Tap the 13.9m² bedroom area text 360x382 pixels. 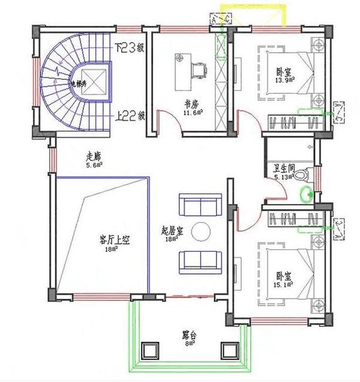(283, 80)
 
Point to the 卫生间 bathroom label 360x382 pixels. (284, 169)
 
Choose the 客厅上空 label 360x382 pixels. (115, 239)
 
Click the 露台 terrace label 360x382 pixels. (191, 334)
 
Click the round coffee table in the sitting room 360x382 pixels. (200, 231)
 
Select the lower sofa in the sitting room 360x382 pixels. (200, 260)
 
